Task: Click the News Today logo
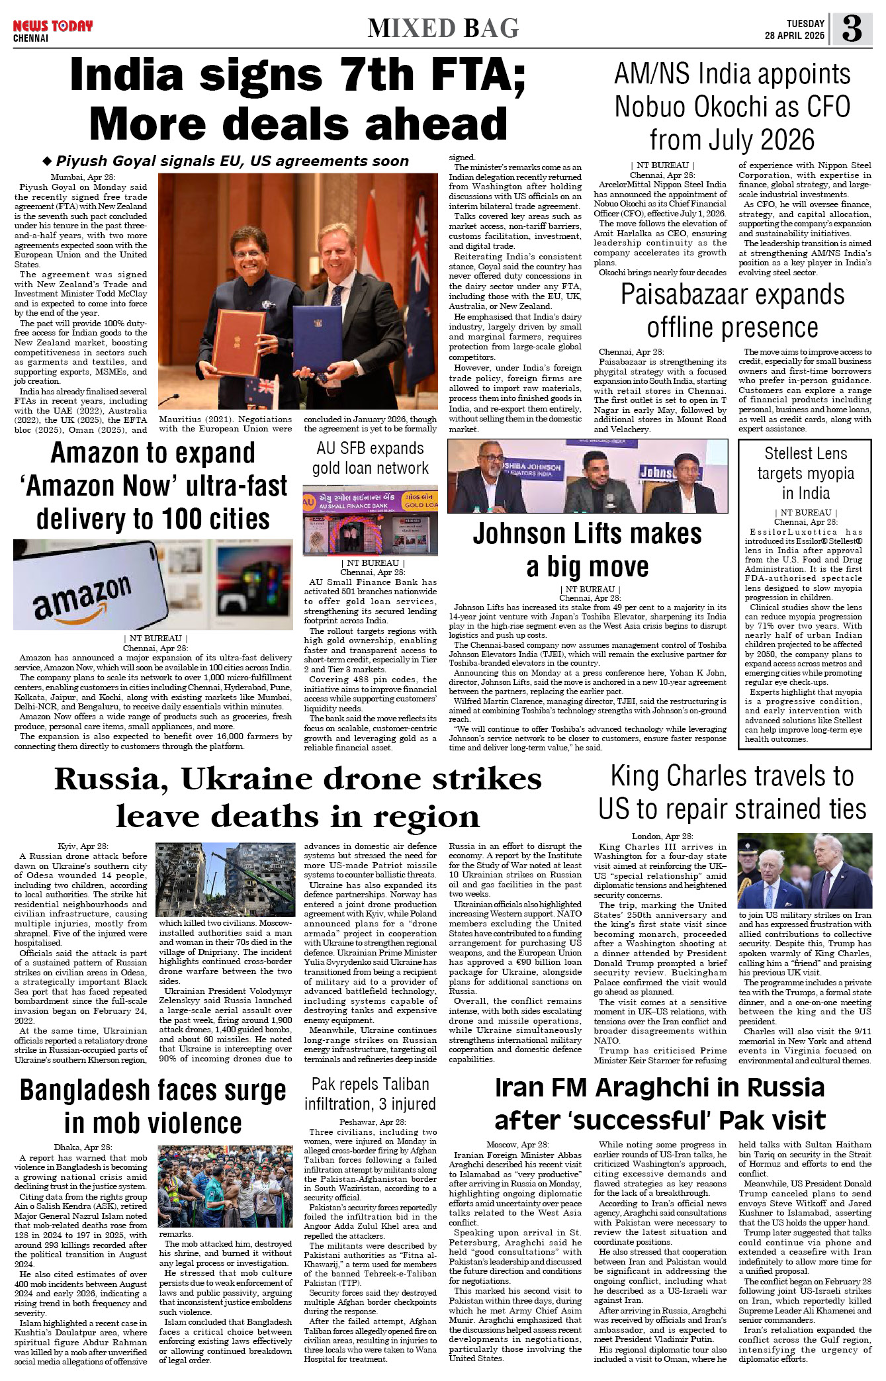tap(52, 27)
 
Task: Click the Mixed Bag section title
tap(443, 28)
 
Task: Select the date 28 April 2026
tap(794, 36)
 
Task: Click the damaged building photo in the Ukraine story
tap(225, 879)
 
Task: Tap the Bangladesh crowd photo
tap(225, 1186)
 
